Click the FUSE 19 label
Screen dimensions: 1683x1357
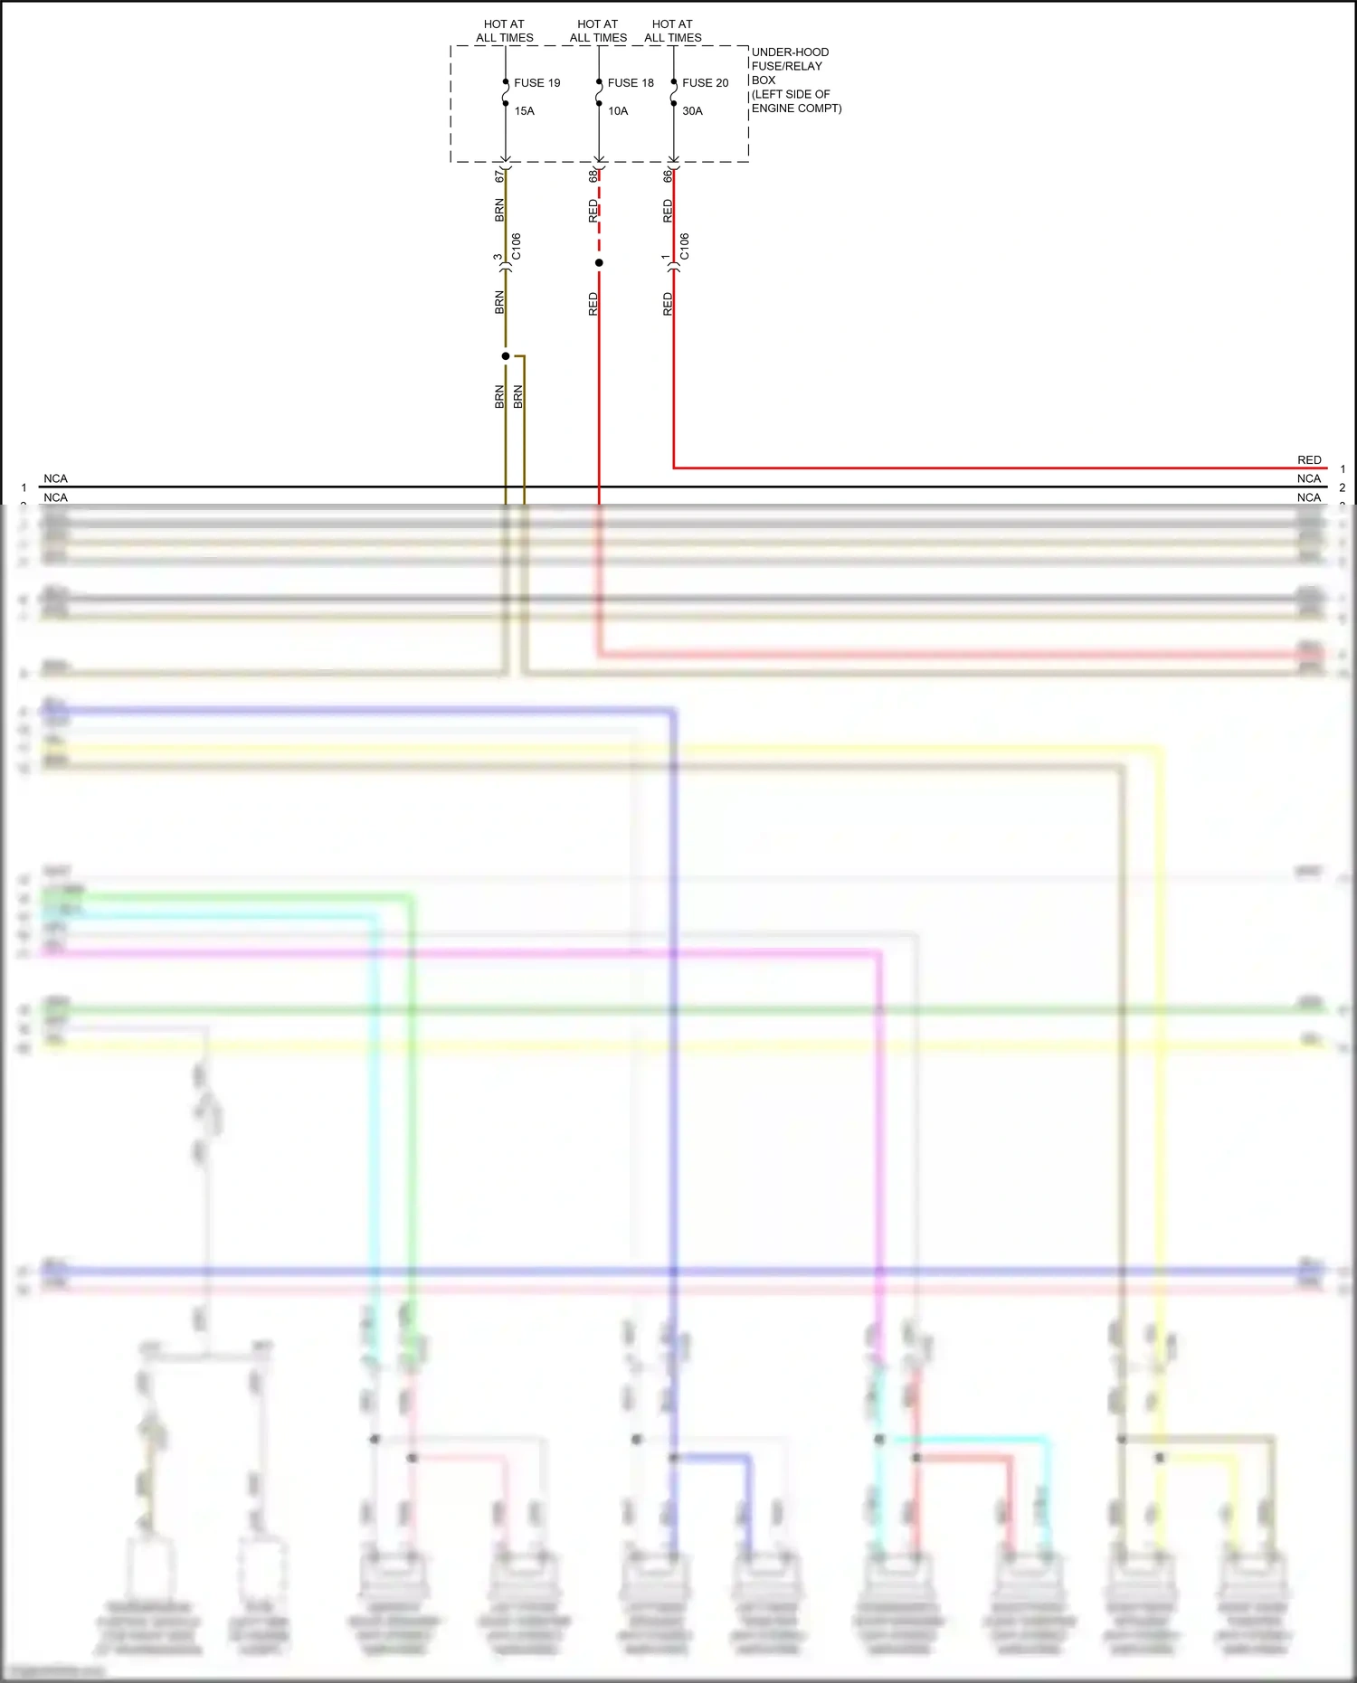tap(536, 83)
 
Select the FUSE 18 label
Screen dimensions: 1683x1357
tap(631, 83)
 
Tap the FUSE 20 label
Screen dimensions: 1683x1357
tap(705, 83)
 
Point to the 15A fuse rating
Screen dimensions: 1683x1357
tap(525, 111)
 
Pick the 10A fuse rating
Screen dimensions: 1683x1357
tap(618, 111)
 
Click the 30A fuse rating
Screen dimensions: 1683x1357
tap(692, 111)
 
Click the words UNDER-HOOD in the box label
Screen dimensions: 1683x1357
tap(790, 52)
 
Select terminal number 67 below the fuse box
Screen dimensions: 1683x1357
tap(499, 176)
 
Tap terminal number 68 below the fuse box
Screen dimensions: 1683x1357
tap(593, 176)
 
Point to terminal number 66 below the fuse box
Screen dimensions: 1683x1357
tap(668, 176)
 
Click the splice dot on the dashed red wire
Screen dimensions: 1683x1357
tap(599, 263)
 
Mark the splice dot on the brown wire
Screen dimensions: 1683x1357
tap(506, 356)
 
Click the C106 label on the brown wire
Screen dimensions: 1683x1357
tap(517, 246)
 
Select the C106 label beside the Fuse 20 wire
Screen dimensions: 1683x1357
tap(685, 246)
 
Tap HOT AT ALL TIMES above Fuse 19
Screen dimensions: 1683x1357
tap(505, 31)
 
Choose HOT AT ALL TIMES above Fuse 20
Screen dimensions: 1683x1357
tap(673, 31)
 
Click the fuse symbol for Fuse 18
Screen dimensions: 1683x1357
tap(599, 92)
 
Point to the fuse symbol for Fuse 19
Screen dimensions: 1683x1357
tap(506, 92)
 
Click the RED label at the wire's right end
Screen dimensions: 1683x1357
tap(1309, 460)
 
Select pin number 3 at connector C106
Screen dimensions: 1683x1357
tap(498, 257)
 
